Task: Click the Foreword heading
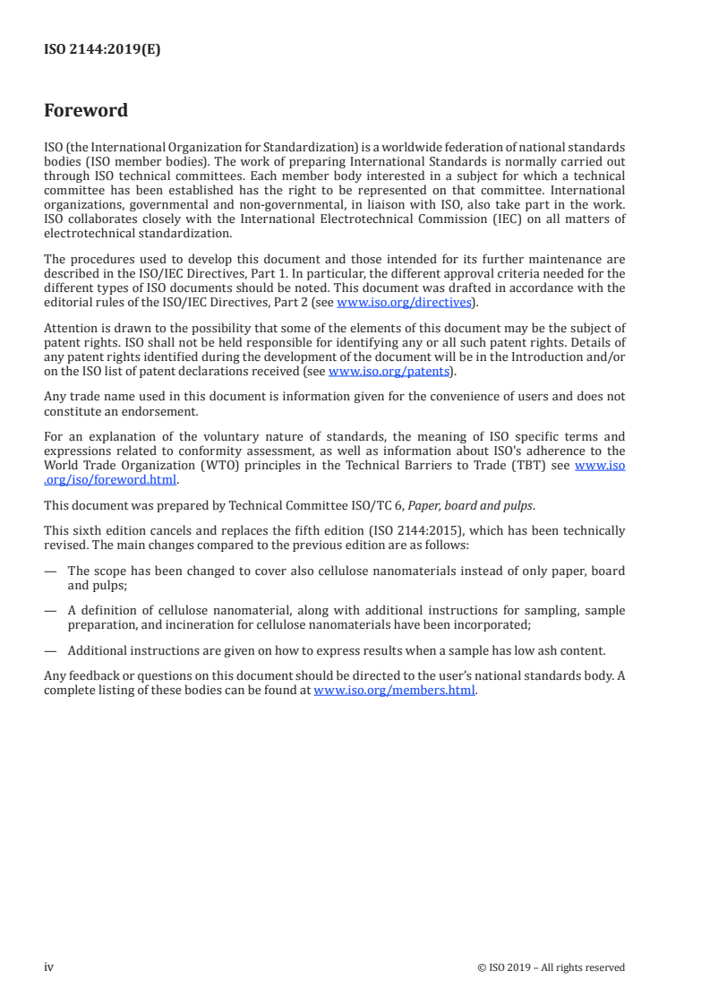point(86,111)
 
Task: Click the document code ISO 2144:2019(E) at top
point(102,50)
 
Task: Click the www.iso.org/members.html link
point(394,690)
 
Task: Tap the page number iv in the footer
point(49,966)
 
